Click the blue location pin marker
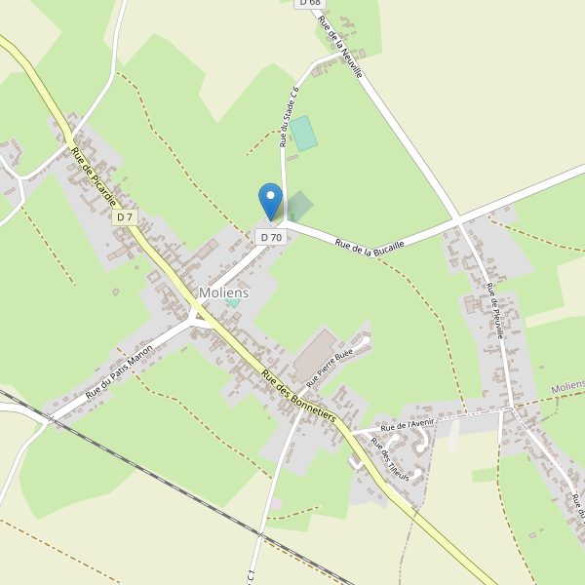(x=270, y=201)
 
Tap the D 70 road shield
(x=270, y=237)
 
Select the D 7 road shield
(x=125, y=217)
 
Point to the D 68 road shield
(x=309, y=3)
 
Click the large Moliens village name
(x=224, y=292)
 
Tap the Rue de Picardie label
(x=94, y=176)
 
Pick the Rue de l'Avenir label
(x=408, y=425)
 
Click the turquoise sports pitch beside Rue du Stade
(x=303, y=133)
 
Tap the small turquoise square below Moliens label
(x=233, y=301)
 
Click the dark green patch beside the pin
(x=298, y=206)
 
